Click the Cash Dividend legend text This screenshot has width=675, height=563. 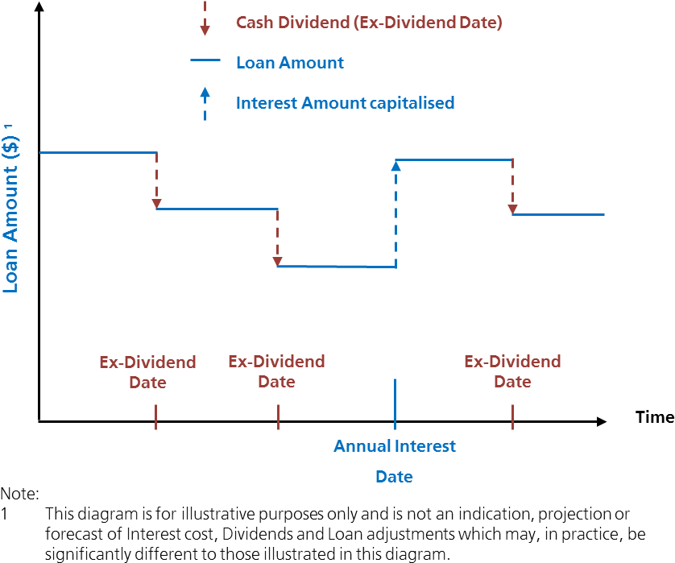(x=369, y=23)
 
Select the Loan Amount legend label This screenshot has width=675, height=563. (x=289, y=63)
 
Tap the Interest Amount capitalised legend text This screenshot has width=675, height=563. (x=345, y=103)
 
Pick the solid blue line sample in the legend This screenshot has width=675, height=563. (x=205, y=60)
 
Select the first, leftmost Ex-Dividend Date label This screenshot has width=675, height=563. (x=147, y=372)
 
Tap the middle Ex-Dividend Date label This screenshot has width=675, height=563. (x=276, y=371)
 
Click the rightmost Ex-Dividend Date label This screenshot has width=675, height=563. (x=512, y=371)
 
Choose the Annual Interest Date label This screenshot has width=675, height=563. (x=395, y=461)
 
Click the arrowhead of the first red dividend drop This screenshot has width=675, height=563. (x=157, y=204)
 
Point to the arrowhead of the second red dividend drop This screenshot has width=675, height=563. (x=277, y=262)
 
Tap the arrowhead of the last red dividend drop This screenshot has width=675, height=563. (x=512, y=209)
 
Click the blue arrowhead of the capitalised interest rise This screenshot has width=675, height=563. (x=395, y=165)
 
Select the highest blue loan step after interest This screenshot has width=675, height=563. (x=453, y=159)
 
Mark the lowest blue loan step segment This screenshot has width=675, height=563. (x=336, y=266)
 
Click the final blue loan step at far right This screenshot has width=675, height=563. (x=558, y=214)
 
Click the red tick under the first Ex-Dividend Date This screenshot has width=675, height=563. (x=155, y=416)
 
